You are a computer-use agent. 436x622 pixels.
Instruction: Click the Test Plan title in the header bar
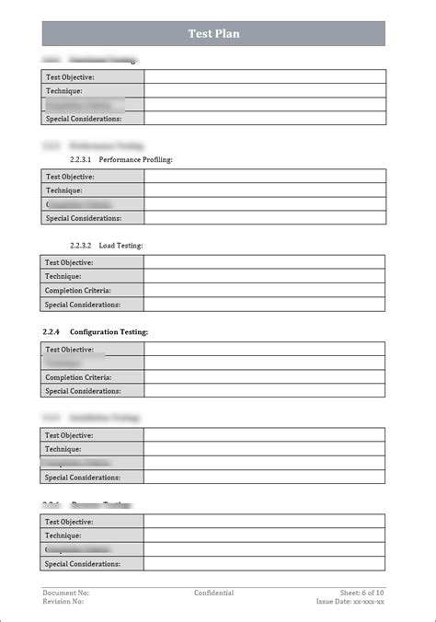(213, 34)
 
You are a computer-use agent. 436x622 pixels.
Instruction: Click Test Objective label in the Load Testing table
(70, 262)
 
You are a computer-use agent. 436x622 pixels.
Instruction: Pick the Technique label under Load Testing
(63, 276)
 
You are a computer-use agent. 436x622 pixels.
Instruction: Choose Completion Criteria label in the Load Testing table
(78, 290)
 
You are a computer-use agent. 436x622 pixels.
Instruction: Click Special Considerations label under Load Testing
(83, 304)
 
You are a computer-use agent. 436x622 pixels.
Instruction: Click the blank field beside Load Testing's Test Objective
(264, 262)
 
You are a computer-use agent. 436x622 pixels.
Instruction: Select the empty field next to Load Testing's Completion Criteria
(264, 290)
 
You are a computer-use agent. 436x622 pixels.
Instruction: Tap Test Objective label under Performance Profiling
(70, 177)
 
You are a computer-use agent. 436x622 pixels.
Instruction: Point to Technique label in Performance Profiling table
(63, 190)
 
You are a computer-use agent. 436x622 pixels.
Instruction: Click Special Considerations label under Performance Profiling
(83, 218)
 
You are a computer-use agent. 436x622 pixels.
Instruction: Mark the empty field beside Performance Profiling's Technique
(264, 190)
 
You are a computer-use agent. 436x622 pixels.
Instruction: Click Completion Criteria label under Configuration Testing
(78, 377)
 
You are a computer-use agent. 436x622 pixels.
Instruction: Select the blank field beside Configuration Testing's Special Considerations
(264, 391)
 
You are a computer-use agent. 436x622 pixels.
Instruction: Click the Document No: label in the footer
(65, 593)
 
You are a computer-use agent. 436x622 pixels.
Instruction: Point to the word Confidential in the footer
(213, 593)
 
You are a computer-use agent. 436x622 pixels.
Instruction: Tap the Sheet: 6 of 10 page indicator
(362, 593)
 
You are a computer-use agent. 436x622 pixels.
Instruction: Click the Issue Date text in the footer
(350, 602)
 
